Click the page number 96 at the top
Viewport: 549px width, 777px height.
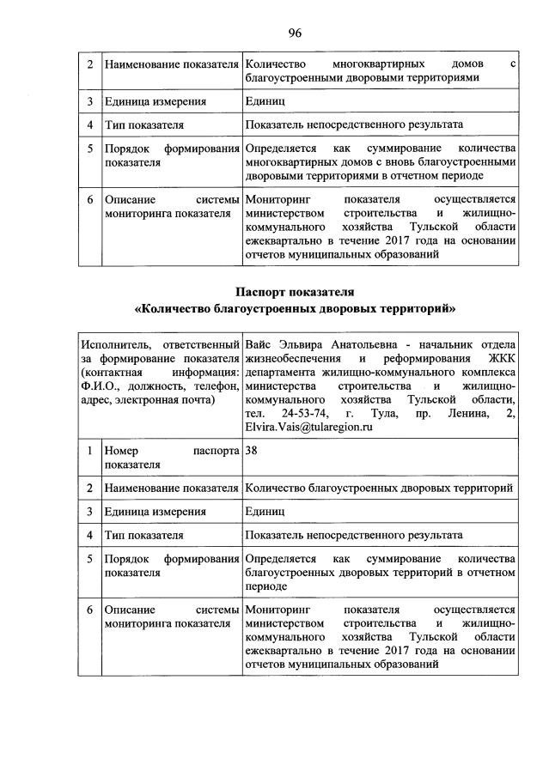tap(295, 33)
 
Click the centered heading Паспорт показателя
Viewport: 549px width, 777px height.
tap(295, 293)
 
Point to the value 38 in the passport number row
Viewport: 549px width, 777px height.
tap(251, 449)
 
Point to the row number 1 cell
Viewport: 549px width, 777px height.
tap(88, 449)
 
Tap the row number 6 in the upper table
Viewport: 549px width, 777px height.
tap(88, 199)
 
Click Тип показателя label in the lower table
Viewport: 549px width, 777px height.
tap(143, 535)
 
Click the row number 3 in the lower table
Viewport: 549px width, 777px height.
tap(88, 512)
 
